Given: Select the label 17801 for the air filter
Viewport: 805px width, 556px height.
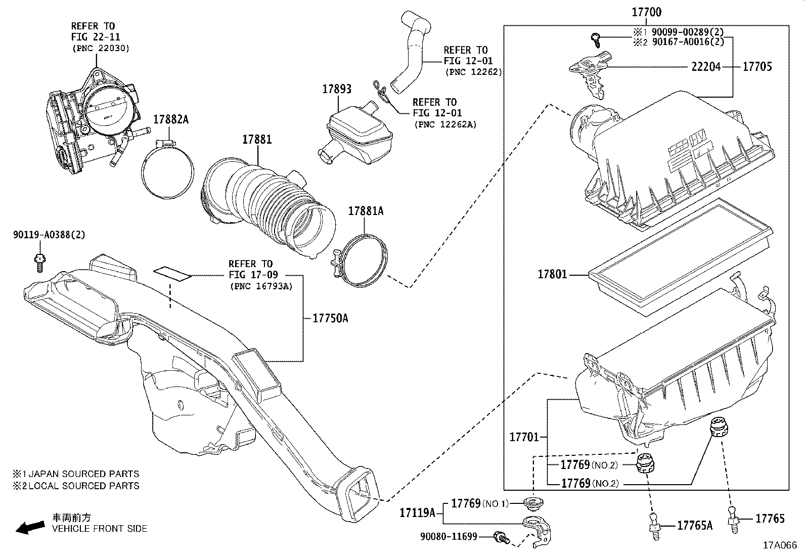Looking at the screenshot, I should [x=552, y=275].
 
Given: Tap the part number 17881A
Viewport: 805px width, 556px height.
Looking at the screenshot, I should [x=366, y=211].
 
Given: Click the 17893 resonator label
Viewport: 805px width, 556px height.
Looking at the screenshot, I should [x=337, y=90].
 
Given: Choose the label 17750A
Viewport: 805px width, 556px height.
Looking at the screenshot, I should [x=330, y=318].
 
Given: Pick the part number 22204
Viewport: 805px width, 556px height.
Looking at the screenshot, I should [x=705, y=66].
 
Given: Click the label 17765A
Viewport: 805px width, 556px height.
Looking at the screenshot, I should [x=695, y=526].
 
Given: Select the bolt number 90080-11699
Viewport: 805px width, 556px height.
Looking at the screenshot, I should [x=449, y=536].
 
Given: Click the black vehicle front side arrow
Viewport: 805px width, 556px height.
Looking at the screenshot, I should [x=29, y=528].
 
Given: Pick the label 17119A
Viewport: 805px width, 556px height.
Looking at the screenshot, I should [x=418, y=513].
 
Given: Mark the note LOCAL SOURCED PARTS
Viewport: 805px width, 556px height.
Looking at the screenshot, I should [x=83, y=486].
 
